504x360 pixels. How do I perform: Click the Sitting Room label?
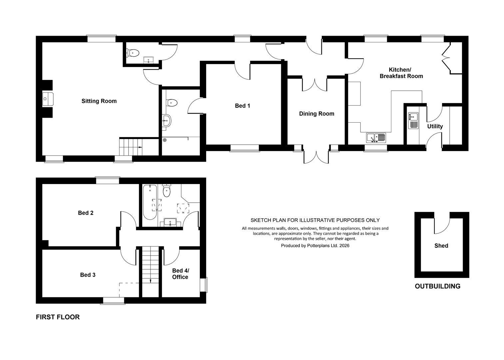tap(99, 101)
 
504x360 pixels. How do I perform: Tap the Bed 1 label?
tap(242, 106)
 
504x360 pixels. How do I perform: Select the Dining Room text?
tap(316, 114)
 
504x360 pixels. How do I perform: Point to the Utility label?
tap(435, 126)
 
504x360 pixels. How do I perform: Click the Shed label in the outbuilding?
tap(441, 246)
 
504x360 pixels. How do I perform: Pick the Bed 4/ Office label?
tap(181, 274)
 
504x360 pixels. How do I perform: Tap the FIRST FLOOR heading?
tap(58, 317)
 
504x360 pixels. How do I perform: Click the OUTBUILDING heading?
tap(438, 286)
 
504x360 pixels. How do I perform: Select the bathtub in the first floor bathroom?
tap(150, 202)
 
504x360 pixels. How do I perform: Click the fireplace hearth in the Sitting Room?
tap(48, 99)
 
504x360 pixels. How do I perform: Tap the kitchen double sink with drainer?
tap(376, 138)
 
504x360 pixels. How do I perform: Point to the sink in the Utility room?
tap(413, 120)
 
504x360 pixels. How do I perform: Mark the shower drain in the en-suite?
tap(165, 140)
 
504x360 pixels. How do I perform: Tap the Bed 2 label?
tap(86, 213)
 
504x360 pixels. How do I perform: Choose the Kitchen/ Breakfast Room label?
tap(401, 73)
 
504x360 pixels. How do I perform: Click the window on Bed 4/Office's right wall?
tap(204, 285)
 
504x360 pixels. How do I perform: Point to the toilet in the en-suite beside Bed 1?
tap(172, 103)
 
